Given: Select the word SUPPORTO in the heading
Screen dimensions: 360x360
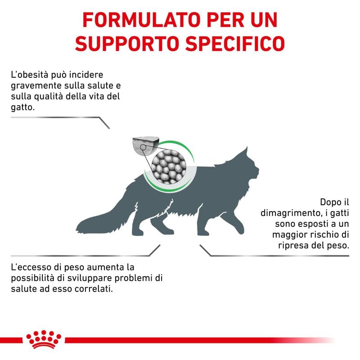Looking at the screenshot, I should click(x=121, y=43).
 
